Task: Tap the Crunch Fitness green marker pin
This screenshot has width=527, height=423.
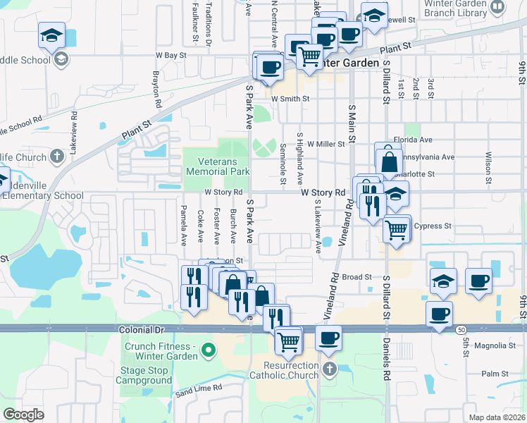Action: [208, 350]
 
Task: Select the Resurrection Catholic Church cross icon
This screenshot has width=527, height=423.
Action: [329, 369]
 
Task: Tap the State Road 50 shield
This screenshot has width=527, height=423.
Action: [460, 329]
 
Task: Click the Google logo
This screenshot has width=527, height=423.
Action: [23, 415]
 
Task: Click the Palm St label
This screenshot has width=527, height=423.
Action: [495, 374]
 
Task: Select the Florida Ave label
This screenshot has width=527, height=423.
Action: [408, 140]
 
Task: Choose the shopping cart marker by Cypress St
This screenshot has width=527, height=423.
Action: [397, 228]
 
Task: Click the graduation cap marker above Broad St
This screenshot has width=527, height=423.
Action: [442, 280]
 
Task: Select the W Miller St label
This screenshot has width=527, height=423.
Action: [325, 143]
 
